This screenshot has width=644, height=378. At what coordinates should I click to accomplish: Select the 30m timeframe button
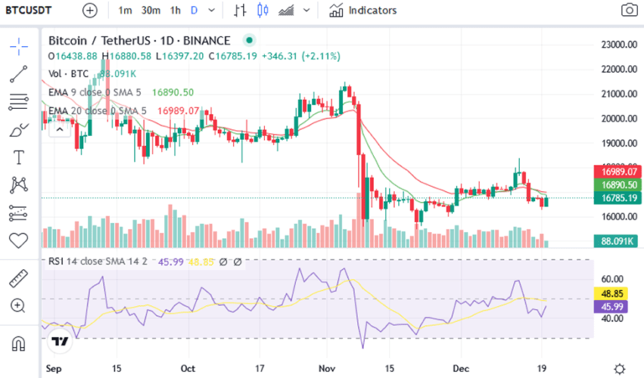(151, 11)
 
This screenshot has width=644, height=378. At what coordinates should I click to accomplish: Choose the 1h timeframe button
(175, 11)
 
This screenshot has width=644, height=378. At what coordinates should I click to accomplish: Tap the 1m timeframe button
(125, 11)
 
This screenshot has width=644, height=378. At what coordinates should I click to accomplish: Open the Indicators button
(363, 11)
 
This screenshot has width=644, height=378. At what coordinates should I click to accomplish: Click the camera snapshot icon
(628, 11)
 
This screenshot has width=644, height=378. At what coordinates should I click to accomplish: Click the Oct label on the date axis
(188, 368)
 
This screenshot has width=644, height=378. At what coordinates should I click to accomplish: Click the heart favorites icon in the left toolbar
(18, 241)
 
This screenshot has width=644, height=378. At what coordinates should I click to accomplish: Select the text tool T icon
(18, 158)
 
